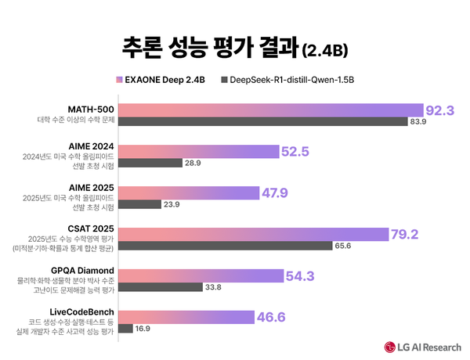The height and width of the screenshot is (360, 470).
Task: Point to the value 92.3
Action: click(440, 110)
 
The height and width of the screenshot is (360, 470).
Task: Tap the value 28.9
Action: click(193, 162)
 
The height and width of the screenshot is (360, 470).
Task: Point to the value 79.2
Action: click(407, 233)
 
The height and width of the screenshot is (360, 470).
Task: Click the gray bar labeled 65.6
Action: click(226, 245)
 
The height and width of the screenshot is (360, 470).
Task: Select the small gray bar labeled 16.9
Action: click(125, 328)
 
